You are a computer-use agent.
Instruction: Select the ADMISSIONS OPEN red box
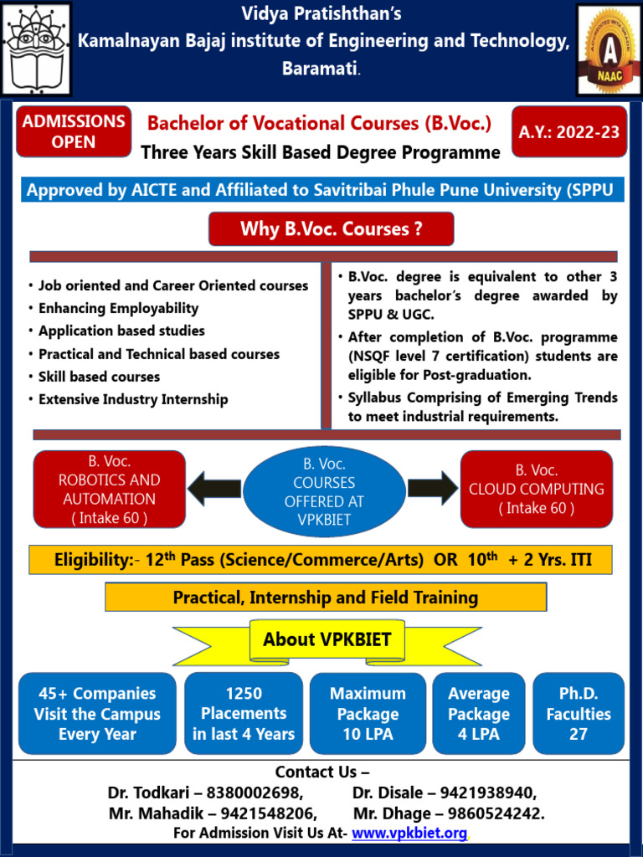click(74, 131)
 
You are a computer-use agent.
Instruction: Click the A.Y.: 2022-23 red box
click(568, 131)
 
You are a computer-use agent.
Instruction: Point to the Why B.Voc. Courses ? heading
click(331, 228)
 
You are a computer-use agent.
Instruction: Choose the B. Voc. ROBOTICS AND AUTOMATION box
click(109, 489)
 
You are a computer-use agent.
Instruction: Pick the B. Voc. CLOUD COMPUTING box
click(537, 489)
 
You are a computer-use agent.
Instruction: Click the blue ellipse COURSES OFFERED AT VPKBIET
click(324, 492)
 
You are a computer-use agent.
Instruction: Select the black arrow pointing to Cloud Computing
click(433, 488)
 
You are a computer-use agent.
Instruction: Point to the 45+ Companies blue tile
click(96, 714)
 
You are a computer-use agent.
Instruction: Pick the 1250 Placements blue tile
click(244, 714)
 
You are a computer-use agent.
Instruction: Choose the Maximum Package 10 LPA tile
click(368, 714)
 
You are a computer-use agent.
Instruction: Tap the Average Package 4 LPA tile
click(479, 714)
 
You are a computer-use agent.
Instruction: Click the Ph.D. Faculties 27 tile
click(579, 714)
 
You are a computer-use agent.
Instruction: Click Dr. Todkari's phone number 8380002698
click(260, 793)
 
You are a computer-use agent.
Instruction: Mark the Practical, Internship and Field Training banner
click(326, 598)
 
